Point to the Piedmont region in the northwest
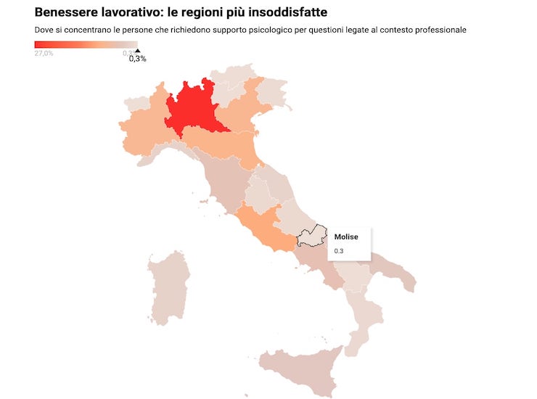click(144, 131)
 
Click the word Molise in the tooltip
click(346, 237)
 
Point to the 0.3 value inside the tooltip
click(339, 251)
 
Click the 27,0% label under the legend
click(44, 53)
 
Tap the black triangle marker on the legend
click(137, 51)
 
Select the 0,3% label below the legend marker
click(137, 59)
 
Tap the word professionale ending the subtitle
click(439, 30)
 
